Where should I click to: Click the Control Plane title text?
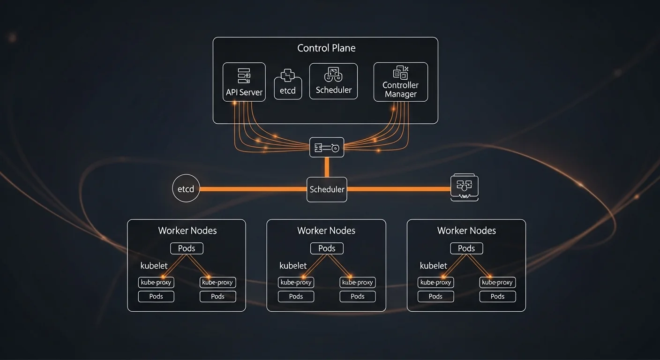[x=326, y=48]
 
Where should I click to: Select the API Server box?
[x=244, y=82]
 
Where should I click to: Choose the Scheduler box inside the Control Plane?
[x=333, y=81]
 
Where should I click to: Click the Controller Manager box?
[x=400, y=82]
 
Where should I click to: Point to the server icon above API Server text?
[x=244, y=75]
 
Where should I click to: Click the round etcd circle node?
[x=186, y=189]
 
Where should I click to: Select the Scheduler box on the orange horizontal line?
[x=327, y=189]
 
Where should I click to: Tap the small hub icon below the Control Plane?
[x=327, y=147]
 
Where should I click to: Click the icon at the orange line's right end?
[x=464, y=188]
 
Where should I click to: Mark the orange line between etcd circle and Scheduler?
[x=253, y=189]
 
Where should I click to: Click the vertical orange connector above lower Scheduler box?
[x=327, y=167]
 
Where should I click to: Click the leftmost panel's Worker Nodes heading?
[x=187, y=231]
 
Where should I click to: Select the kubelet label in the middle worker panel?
[x=293, y=266]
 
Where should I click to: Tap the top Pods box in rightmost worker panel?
[x=466, y=248]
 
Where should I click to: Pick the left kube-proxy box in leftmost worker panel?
[x=157, y=282]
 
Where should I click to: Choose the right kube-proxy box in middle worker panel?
[x=358, y=282]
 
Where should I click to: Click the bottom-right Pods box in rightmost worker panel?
[x=497, y=296]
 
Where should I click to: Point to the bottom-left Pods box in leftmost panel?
[x=156, y=296]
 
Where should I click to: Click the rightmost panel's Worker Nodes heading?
[x=466, y=231]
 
